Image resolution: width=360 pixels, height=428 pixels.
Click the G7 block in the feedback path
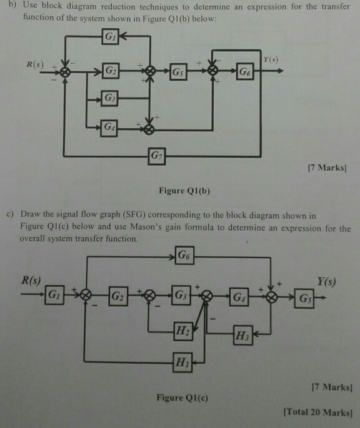[x=155, y=154]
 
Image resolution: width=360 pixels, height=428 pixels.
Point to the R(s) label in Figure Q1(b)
[x=36, y=64]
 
